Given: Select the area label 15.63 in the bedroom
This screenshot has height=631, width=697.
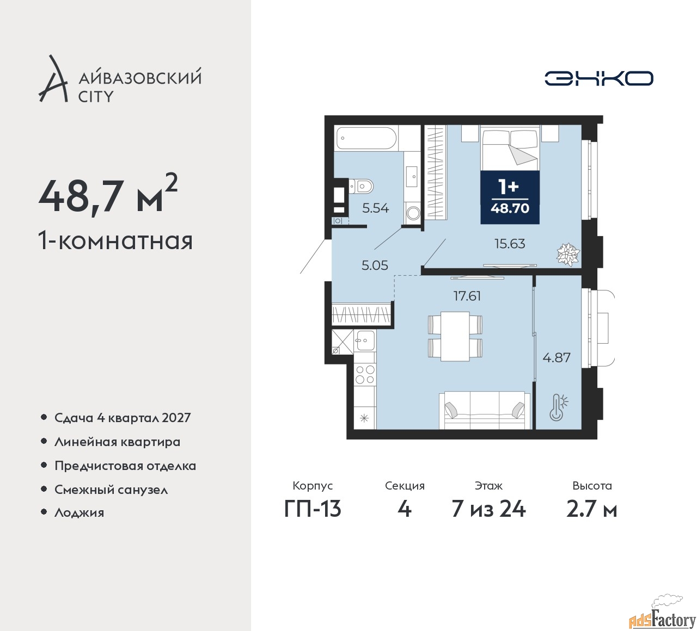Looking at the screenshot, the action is (x=510, y=244).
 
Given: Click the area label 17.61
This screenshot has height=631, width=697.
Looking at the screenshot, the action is (x=467, y=296).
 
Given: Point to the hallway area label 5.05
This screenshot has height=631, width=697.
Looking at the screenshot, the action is (x=375, y=265).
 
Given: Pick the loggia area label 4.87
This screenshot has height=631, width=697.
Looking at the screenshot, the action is (x=557, y=357).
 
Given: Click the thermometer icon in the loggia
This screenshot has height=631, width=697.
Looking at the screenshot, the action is (x=558, y=407).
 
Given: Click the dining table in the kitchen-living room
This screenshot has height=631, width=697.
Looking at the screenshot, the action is (x=455, y=336).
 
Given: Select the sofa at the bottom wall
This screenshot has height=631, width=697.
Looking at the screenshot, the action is (x=485, y=410).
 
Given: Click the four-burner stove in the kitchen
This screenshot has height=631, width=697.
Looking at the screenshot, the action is (x=365, y=374).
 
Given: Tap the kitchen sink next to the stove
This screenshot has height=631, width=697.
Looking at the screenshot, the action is (x=365, y=340).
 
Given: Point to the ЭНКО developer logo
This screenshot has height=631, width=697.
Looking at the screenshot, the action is (x=598, y=78).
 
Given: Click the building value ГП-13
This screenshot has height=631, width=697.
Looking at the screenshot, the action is (x=313, y=509).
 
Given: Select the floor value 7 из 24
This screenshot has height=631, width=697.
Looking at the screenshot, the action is (x=488, y=509).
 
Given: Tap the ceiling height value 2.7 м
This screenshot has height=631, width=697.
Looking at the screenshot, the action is (x=592, y=509).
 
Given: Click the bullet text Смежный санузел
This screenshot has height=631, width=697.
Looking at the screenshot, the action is (x=111, y=490).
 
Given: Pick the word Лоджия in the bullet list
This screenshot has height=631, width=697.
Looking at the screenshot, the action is (x=79, y=512).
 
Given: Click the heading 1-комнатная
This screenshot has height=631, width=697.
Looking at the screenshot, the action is (x=115, y=240).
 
